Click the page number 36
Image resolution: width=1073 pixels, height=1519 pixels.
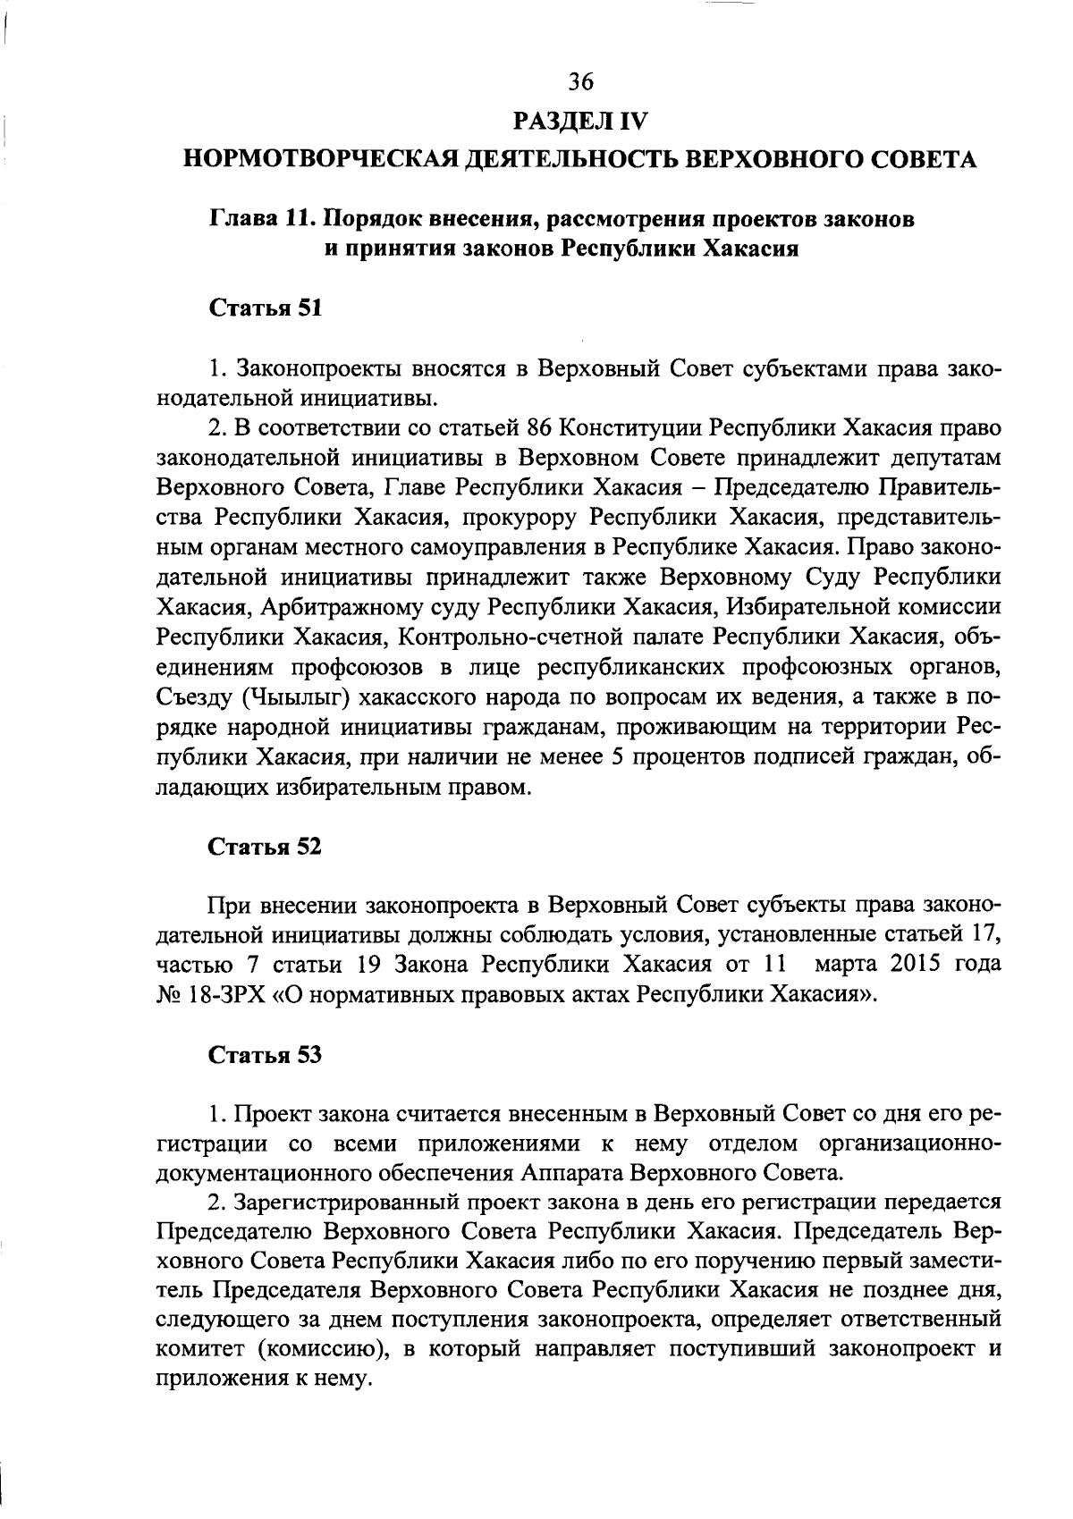580,82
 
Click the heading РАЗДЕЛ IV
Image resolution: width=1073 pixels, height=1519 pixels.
579,120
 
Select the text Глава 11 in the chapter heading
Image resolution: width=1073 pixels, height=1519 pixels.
259,219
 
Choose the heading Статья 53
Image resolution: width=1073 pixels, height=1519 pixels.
265,1054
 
